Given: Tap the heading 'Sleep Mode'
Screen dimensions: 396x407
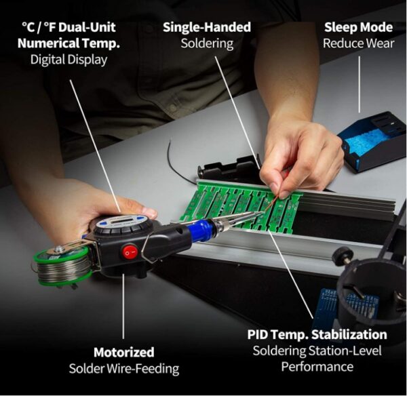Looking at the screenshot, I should tap(358, 27).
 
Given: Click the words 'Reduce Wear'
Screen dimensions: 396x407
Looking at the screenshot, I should tap(358, 43).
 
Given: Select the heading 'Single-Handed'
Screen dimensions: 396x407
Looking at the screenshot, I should tap(206, 27).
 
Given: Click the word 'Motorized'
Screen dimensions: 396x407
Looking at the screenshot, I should tap(123, 352).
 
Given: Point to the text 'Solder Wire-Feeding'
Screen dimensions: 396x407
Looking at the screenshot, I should tap(123, 368).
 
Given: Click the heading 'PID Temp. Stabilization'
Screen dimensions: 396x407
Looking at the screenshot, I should tap(317, 334).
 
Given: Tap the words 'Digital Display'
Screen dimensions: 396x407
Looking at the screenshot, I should tap(69, 60).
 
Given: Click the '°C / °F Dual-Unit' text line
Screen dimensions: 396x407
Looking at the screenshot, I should tap(69, 27).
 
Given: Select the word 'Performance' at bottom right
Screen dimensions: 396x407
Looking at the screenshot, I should tap(317, 367).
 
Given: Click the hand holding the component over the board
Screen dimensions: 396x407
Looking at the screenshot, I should tap(298, 153).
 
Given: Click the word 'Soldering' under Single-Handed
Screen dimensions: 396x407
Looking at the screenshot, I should tap(206, 43).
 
